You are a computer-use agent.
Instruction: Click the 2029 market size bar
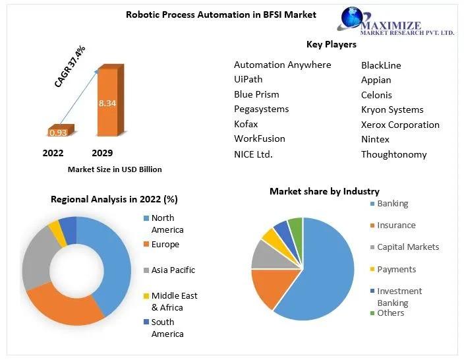(x=111, y=100)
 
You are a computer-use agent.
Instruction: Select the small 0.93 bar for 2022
(x=61, y=131)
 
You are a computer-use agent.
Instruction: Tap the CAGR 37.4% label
(x=70, y=66)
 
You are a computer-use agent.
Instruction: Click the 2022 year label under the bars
(x=53, y=153)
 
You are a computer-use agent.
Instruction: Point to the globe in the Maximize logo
(x=351, y=17)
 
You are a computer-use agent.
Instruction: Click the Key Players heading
(x=331, y=44)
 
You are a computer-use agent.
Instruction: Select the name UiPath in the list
(x=248, y=79)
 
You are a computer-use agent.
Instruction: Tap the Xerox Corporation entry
(x=400, y=125)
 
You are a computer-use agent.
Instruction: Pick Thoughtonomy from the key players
(x=394, y=154)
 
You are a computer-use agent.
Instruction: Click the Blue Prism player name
(x=256, y=94)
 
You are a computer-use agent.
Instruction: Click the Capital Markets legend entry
(x=405, y=247)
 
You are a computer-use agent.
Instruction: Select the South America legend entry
(x=163, y=328)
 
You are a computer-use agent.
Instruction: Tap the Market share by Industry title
(x=324, y=192)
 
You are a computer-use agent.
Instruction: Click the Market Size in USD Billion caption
(x=115, y=169)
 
